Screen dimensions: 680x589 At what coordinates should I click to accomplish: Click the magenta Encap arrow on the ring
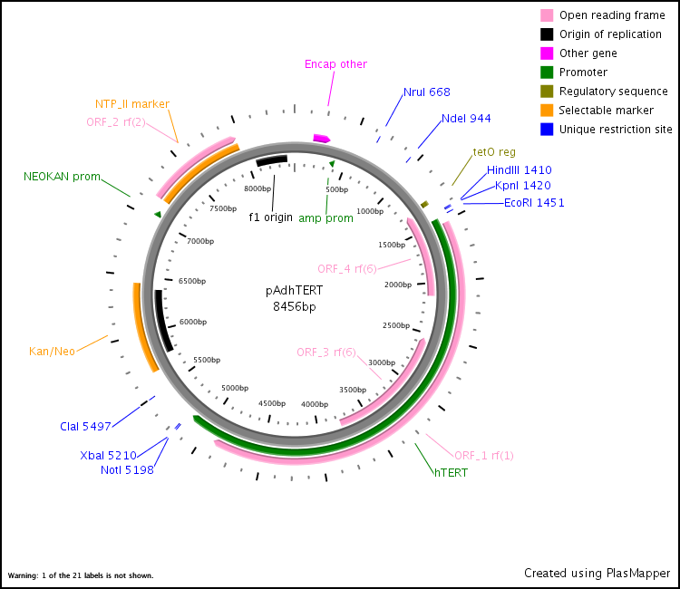(x=321, y=139)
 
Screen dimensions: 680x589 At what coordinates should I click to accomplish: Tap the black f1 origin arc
(x=272, y=160)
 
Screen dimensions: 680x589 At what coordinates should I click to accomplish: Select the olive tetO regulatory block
(x=424, y=204)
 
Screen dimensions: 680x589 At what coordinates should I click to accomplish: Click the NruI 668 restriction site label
(x=427, y=92)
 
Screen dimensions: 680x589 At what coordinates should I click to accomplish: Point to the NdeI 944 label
(x=466, y=119)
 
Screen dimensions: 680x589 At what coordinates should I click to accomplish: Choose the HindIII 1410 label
(x=520, y=169)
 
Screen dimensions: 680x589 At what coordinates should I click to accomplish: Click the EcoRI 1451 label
(x=534, y=202)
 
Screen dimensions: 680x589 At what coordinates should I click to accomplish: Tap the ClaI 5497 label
(x=85, y=427)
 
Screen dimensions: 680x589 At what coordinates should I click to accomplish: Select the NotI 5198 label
(x=127, y=469)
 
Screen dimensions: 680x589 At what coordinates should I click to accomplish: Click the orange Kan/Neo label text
(x=52, y=351)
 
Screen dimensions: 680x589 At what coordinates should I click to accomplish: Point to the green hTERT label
(x=451, y=472)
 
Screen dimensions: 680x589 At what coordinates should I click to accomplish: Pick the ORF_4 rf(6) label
(x=347, y=269)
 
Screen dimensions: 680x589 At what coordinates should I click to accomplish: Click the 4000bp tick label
(x=315, y=404)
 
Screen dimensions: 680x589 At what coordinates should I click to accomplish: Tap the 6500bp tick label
(x=192, y=281)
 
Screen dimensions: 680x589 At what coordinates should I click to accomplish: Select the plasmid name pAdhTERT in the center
(x=294, y=290)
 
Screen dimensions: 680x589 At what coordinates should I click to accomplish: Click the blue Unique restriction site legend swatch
(x=547, y=130)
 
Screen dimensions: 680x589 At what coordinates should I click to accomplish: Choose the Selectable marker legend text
(x=606, y=110)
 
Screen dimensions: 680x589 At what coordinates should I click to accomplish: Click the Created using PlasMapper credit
(x=597, y=573)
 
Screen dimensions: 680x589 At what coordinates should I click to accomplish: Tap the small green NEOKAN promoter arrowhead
(x=158, y=214)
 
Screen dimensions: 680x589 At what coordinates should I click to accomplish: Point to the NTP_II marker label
(x=132, y=104)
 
